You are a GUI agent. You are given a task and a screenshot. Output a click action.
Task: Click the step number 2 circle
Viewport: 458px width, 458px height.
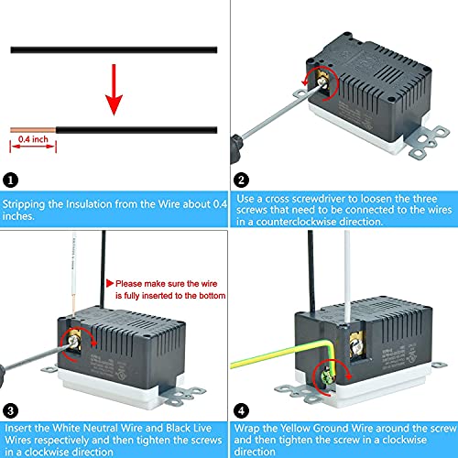[241, 180]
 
